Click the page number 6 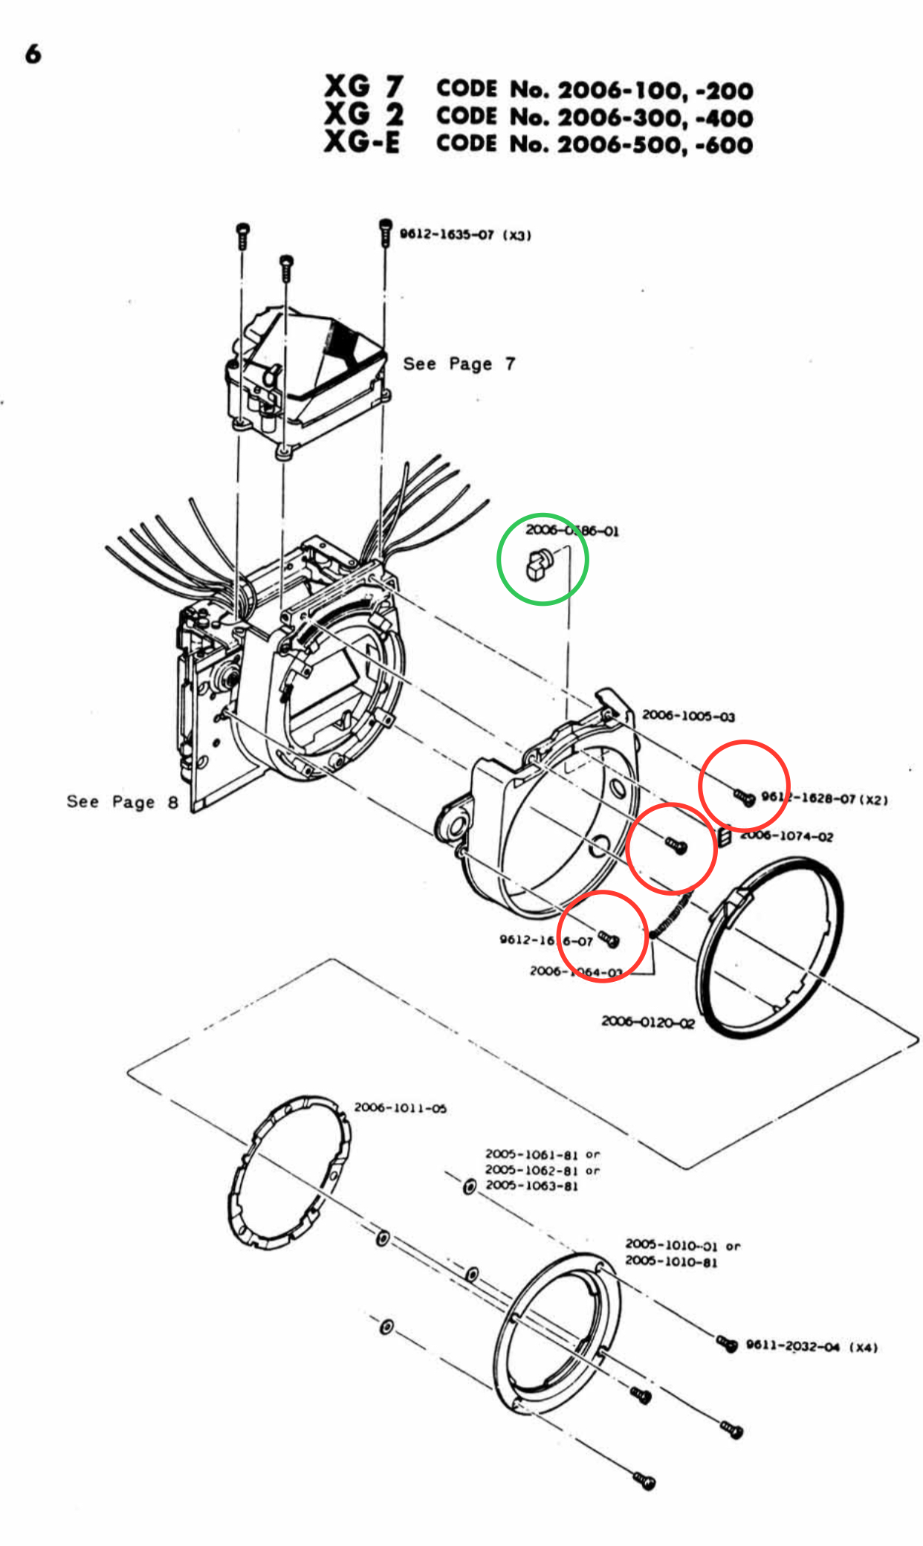33,54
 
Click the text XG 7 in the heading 363,86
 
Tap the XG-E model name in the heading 362,141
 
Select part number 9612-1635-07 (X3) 465,235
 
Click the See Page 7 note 459,363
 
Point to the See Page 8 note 123,801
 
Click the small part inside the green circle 539,563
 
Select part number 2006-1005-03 688,716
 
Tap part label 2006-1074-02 786,836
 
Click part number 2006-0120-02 647,1022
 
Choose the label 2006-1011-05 400,1107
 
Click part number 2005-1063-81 531,1186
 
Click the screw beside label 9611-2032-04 727,1343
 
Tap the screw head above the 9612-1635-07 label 385,224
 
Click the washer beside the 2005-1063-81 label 469,1187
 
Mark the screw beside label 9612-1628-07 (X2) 745,798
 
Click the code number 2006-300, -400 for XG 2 655,117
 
